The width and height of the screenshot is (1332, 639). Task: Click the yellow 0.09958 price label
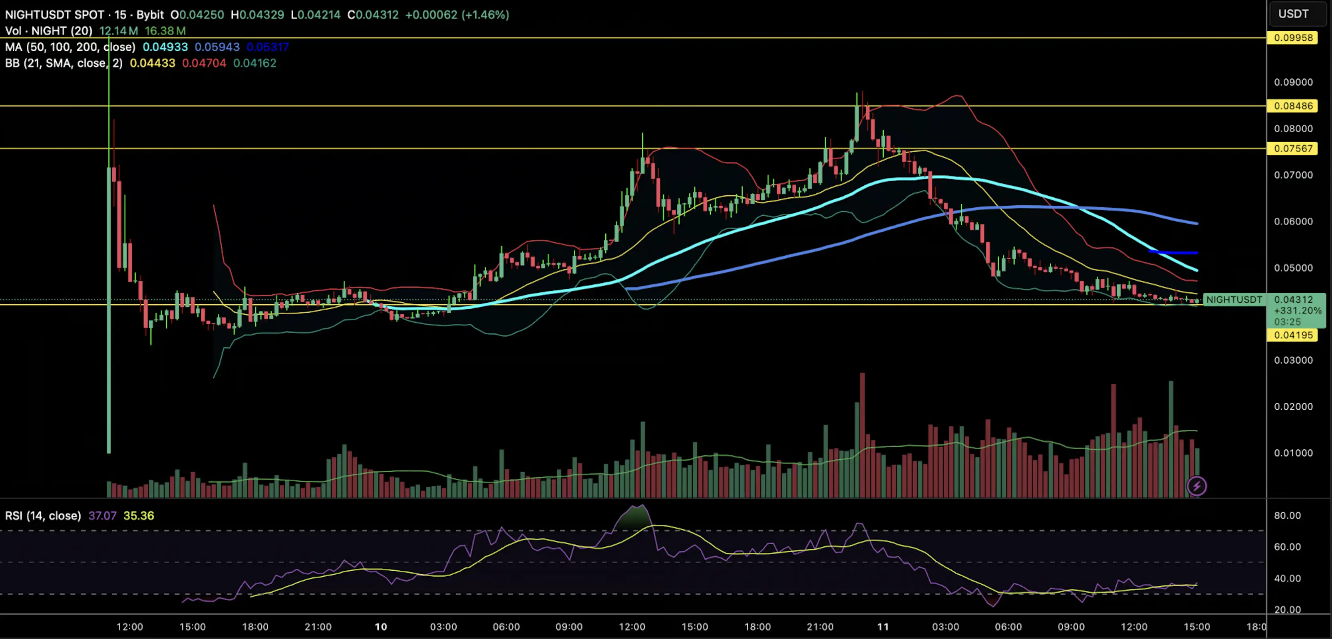1293,38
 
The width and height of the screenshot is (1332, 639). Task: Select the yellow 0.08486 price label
1293,106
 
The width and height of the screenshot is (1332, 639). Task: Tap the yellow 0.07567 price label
1293,149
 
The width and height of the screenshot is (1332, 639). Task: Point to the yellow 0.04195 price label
1293,335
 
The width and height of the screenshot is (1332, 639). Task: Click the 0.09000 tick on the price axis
1293,82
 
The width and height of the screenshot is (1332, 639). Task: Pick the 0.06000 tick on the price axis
1293,221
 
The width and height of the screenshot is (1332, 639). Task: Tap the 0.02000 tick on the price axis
1293,406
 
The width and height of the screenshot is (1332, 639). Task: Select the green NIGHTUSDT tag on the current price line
1234,300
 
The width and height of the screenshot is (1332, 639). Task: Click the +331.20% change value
1297,311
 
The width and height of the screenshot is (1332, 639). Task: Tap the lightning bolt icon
1197,486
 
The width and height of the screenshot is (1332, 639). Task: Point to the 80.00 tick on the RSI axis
1287,516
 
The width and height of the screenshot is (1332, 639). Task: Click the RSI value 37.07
102,516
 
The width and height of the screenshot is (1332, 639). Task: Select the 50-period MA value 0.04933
165,47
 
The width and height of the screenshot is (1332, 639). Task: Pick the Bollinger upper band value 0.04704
204,63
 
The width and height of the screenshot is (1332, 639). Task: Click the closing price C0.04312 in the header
373,14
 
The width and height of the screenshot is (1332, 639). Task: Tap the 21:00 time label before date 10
318,627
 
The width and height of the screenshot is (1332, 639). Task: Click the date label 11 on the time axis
883,627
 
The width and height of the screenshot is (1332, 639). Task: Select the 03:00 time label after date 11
945,627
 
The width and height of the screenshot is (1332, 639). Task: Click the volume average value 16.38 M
165,31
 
